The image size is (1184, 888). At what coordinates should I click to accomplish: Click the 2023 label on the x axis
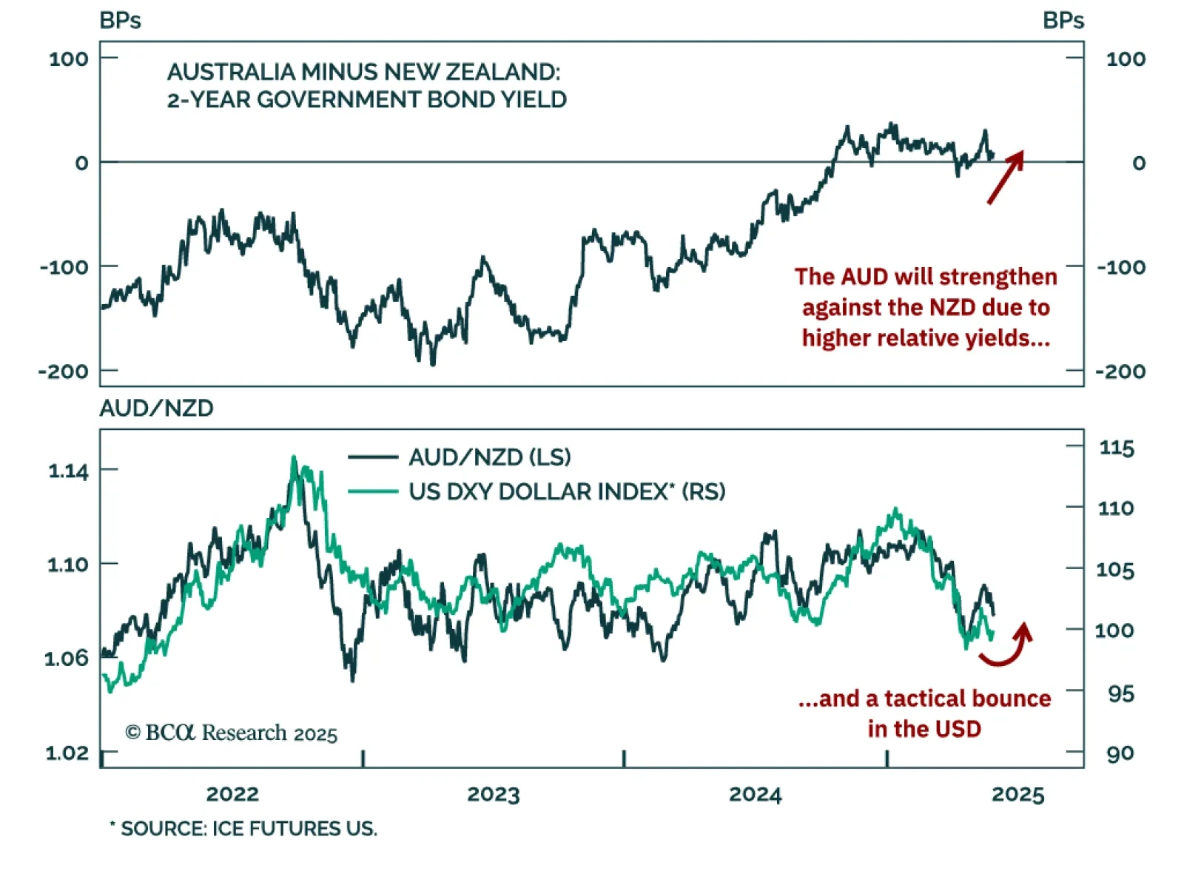[x=494, y=795]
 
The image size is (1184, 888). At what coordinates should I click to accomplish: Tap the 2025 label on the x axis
[x=1018, y=795]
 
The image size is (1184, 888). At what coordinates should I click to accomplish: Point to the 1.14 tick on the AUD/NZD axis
[x=68, y=471]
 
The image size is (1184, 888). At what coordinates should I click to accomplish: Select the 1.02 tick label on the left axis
[x=67, y=753]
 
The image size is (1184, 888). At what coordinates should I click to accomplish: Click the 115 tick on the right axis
[x=1117, y=448]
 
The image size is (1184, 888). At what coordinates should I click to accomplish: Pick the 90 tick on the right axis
[x=1120, y=753]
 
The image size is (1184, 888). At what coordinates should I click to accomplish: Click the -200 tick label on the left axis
[x=64, y=371]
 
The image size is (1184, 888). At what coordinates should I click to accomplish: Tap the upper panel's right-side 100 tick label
[x=1126, y=59]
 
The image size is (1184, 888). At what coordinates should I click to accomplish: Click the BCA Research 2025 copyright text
[x=232, y=733]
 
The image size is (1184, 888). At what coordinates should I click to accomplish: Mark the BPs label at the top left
[x=120, y=21]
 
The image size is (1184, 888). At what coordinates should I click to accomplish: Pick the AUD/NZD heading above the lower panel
[x=156, y=408]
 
